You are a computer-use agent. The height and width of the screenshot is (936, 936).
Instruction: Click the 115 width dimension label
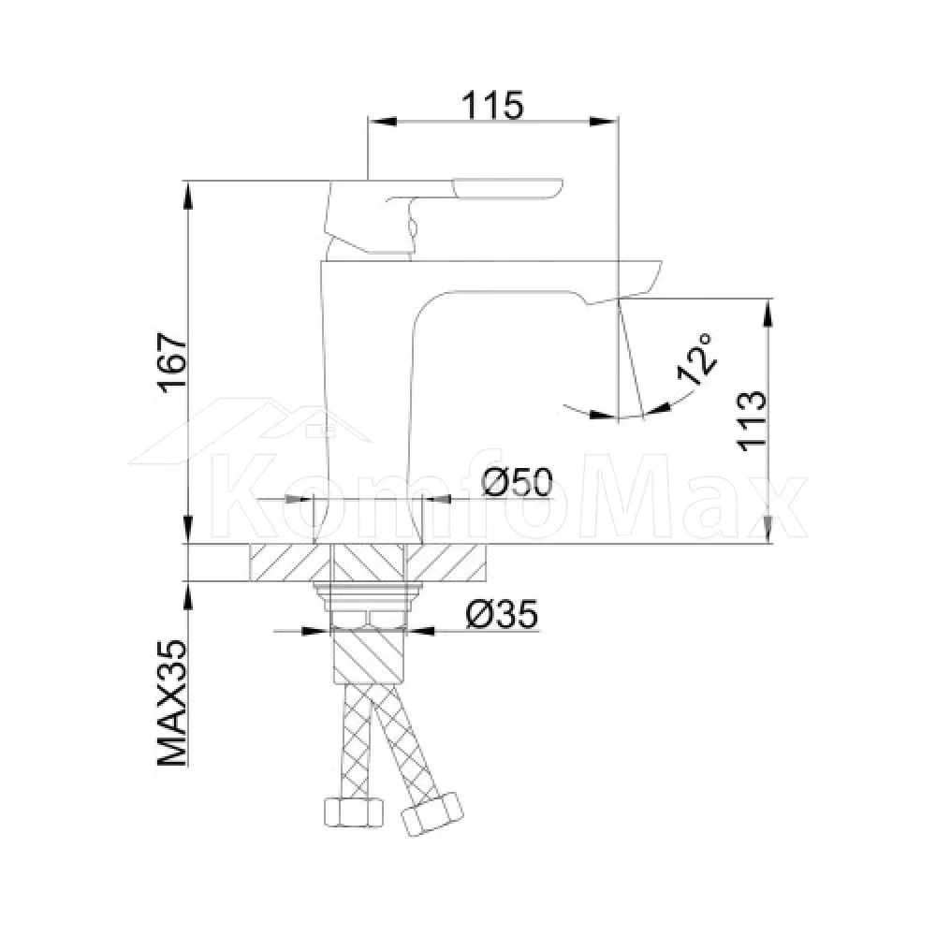[492, 106]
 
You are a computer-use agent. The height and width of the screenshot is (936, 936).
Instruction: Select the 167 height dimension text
[172, 363]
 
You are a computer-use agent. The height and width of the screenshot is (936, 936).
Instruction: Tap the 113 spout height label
[752, 421]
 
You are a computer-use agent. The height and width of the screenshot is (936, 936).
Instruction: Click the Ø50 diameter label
[518, 482]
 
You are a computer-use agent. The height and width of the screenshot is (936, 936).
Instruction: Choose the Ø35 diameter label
[502, 614]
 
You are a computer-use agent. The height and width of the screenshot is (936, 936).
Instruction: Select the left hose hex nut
[353, 813]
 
